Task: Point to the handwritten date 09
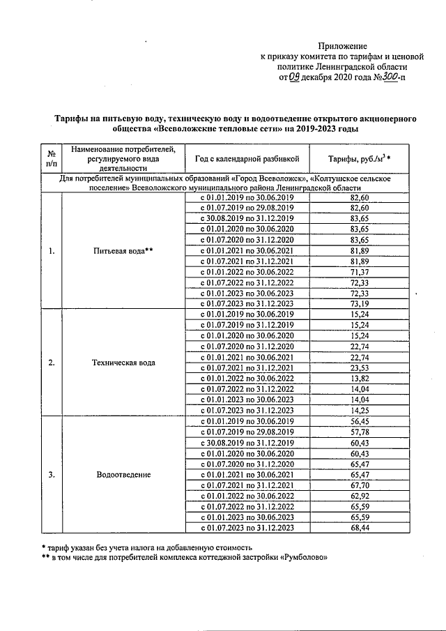[295, 77]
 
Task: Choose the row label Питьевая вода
[122, 251]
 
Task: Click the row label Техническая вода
[122, 363]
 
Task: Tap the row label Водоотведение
[122, 474]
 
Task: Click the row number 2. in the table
[51, 363]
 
